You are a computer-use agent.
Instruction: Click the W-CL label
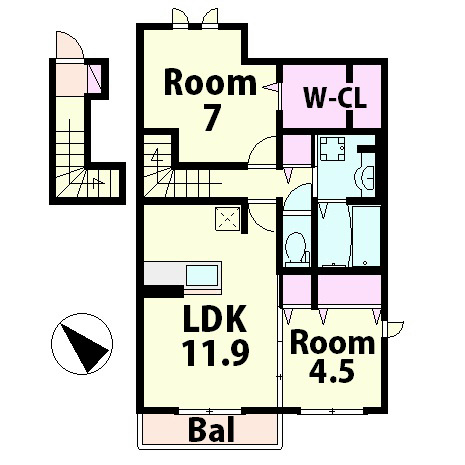(335, 98)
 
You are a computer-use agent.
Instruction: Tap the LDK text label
(215, 319)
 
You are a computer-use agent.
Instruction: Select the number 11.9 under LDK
(216, 353)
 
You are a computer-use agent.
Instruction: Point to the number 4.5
(331, 370)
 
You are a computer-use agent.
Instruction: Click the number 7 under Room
(212, 119)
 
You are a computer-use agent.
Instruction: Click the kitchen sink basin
(202, 276)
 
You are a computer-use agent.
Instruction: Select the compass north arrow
(84, 347)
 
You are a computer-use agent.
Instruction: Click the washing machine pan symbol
(332, 148)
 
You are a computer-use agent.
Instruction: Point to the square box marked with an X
(228, 219)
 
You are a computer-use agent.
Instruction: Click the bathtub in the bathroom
(366, 236)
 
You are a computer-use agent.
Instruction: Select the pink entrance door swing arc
(70, 44)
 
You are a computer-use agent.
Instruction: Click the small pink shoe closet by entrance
(94, 79)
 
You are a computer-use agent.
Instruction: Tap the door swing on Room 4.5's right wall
(395, 329)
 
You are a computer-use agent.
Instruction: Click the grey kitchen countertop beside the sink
(164, 273)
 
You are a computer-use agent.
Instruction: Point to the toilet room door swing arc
(297, 197)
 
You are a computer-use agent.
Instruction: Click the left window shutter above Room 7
(180, 17)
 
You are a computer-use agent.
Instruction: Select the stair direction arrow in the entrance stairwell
(97, 183)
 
